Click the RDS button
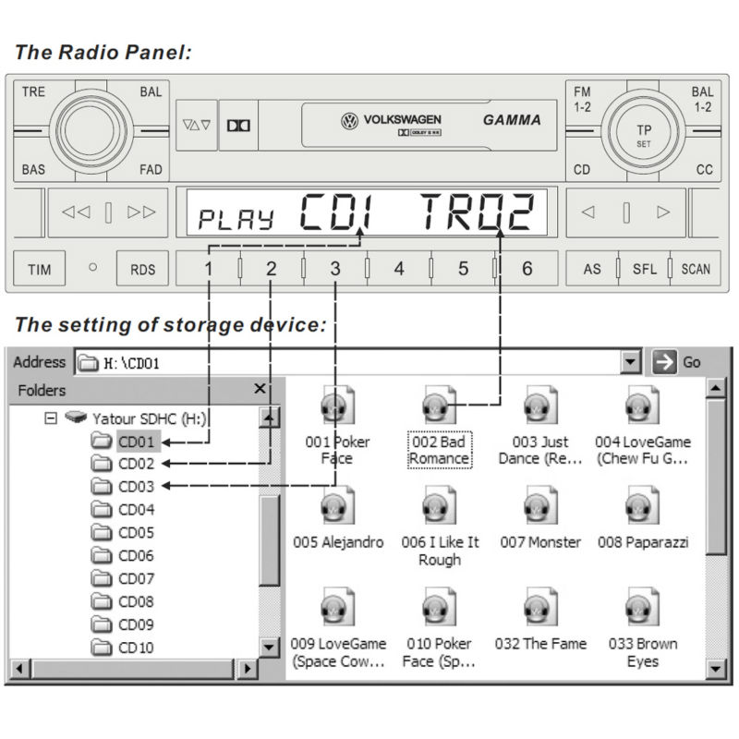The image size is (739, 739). [142, 269]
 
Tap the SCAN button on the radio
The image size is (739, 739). [696, 269]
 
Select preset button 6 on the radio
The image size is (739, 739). [527, 269]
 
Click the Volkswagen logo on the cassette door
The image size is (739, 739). [349, 120]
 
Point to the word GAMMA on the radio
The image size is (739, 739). [512, 120]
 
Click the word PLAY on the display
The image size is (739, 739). [237, 220]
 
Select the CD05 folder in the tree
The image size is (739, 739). [135, 533]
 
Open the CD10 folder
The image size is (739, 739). [135, 648]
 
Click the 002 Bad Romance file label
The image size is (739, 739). [439, 450]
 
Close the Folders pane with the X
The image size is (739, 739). [260, 390]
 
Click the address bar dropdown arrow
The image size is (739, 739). [631, 362]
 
